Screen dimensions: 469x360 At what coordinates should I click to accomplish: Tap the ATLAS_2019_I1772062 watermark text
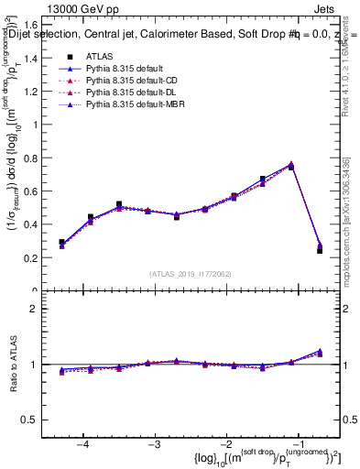click(191, 274)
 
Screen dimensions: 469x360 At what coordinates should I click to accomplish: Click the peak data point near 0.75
click(291, 166)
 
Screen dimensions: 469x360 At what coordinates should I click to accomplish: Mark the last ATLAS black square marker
click(320, 250)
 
